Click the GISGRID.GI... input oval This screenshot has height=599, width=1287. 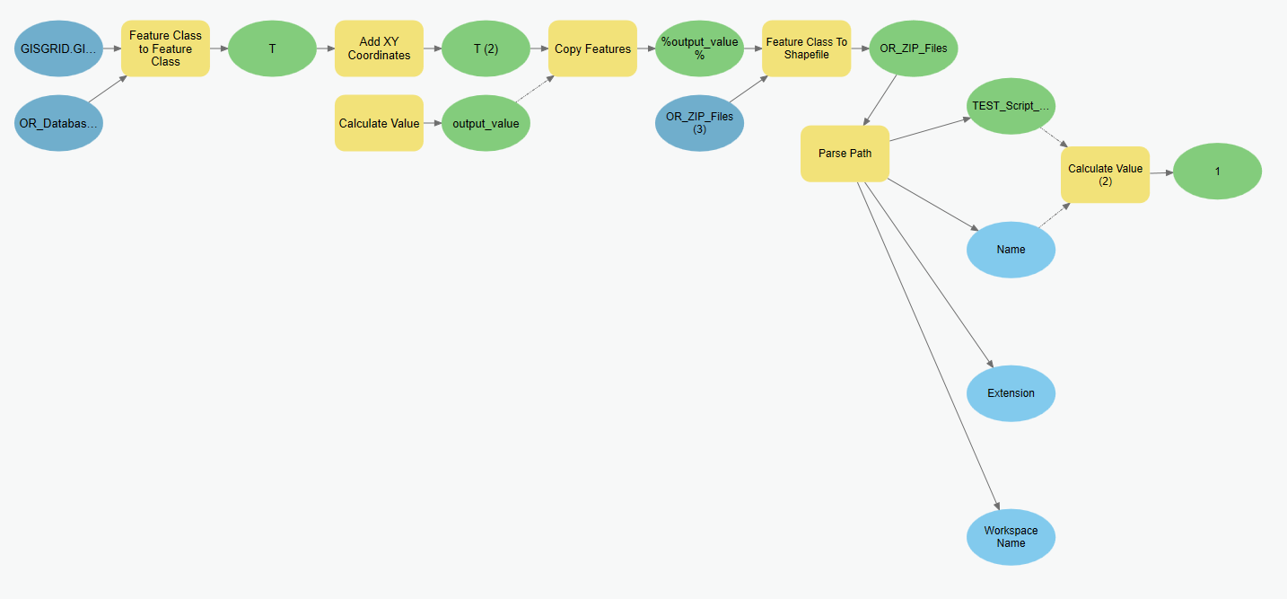pyautogui.click(x=58, y=48)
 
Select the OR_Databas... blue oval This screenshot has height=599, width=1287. pyautogui.click(x=58, y=123)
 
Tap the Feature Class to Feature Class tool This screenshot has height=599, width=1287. pyautogui.click(x=166, y=48)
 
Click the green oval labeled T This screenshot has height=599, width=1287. pyautogui.click(x=272, y=48)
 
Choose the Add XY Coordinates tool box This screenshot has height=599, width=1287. pyautogui.click(x=379, y=48)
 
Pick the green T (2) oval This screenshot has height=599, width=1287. pyautogui.click(x=486, y=48)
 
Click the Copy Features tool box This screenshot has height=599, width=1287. pyautogui.click(x=592, y=48)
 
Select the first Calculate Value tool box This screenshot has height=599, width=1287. pyautogui.click(x=379, y=123)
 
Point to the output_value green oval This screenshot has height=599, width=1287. pyautogui.click(x=486, y=123)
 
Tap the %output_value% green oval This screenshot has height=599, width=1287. pyautogui.click(x=699, y=48)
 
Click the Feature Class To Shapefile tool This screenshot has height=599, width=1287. pyautogui.click(x=806, y=48)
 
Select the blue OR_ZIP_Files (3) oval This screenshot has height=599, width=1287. pyautogui.click(x=699, y=123)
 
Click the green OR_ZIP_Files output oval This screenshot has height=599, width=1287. pyautogui.click(x=914, y=48)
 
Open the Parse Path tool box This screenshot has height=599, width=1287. pyautogui.click(x=845, y=154)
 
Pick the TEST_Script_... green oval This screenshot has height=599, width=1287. pyautogui.click(x=1011, y=106)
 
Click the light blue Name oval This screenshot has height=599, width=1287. pyautogui.click(x=1011, y=250)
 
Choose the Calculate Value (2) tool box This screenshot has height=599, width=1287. pyautogui.click(x=1105, y=174)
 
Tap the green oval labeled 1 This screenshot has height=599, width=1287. pyautogui.click(x=1217, y=171)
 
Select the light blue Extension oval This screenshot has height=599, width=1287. pyautogui.click(x=1011, y=393)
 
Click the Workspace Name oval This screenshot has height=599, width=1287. pyautogui.click(x=1011, y=537)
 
